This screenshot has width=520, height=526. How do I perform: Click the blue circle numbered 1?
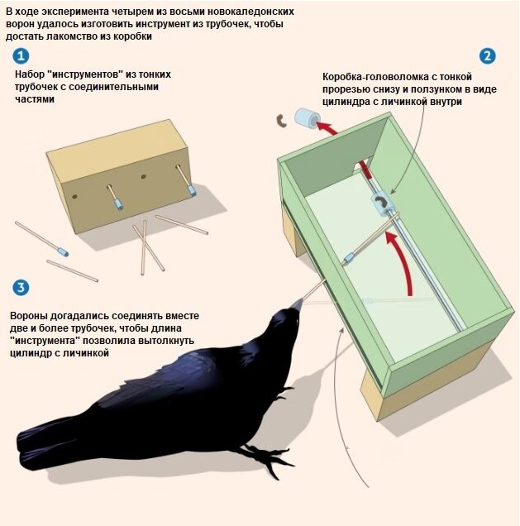coord(21,56)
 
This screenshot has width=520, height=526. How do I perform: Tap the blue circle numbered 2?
coord(487,56)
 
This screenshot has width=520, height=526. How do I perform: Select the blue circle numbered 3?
coord(21,288)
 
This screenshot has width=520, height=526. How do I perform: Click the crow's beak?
coord(297,304)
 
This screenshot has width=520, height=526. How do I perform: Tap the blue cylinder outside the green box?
coord(307,118)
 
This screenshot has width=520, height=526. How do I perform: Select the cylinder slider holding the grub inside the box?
coord(382,203)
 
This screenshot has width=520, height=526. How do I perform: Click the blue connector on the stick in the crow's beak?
coord(348,259)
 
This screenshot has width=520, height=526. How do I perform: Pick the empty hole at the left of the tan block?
coord(75,196)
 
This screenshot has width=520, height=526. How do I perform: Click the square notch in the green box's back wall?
coord(362,164)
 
